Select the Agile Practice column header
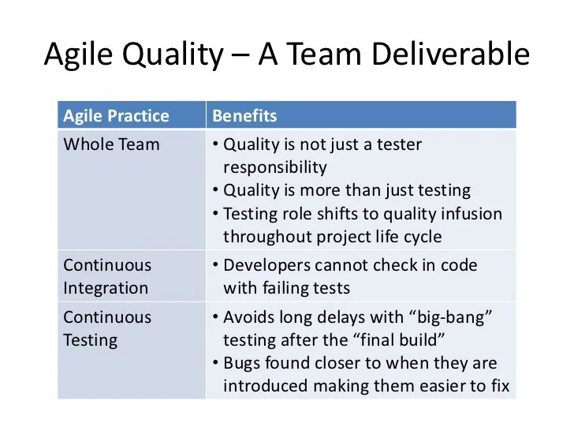[x=116, y=116]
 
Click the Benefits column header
[x=244, y=116]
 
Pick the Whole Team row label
[x=111, y=144]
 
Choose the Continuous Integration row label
[x=107, y=277]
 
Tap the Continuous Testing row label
[x=107, y=329]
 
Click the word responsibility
[x=274, y=167]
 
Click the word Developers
[x=266, y=265]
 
